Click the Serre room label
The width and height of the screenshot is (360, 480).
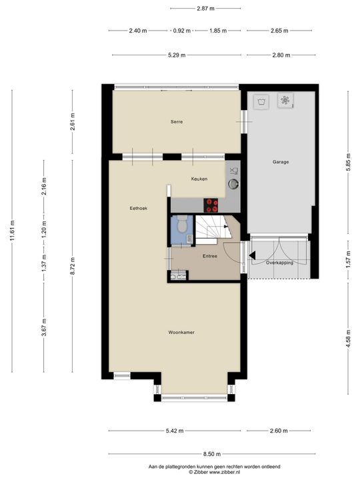177,122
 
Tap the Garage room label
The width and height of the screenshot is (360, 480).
281,162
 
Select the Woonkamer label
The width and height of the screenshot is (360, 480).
181,333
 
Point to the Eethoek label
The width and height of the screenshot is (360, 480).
139,208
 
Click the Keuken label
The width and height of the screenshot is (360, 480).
199,179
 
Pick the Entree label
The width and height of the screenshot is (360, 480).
210,256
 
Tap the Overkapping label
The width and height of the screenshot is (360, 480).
279,263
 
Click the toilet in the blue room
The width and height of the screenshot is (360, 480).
182,223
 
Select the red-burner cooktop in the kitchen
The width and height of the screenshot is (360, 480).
211,205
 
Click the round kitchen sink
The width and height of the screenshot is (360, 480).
233,184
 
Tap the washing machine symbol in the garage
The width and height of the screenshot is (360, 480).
261,101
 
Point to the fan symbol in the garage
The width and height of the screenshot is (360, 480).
285,100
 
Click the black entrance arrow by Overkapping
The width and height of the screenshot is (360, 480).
253,255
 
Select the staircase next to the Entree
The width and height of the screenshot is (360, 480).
213,227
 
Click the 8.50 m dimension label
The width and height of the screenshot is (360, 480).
212,454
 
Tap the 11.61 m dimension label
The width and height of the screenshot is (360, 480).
13,231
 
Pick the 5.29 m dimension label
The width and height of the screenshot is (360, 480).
177,55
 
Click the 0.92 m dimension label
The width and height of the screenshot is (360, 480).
182,31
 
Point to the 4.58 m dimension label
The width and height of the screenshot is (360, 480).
349,338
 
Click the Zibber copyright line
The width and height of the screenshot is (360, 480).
214,472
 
